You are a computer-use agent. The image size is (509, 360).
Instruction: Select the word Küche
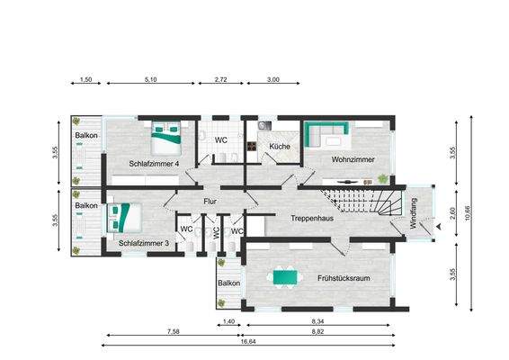tap(279, 145)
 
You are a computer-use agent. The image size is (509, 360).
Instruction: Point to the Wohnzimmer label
tap(353, 159)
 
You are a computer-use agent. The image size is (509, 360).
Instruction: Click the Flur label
tap(210, 202)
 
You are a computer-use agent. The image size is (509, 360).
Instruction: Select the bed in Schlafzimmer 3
tap(121, 218)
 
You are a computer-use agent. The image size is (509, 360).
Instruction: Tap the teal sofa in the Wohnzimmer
tap(326, 136)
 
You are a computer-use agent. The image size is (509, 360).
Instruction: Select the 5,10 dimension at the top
tap(150, 80)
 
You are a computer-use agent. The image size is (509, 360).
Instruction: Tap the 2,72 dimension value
tap(221, 80)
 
